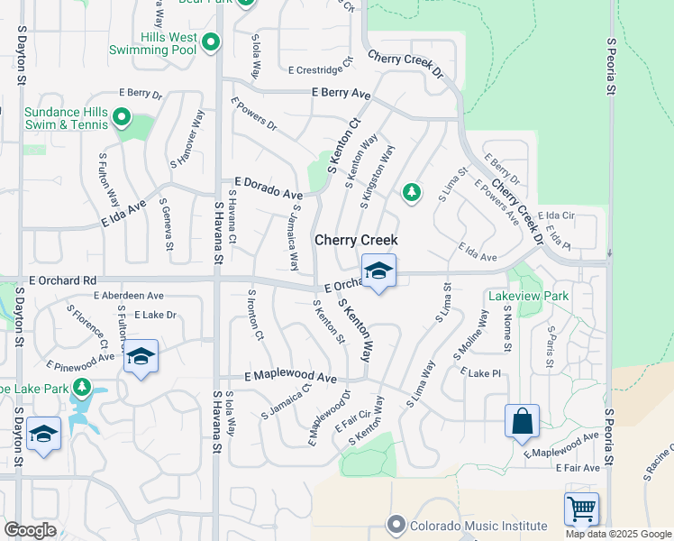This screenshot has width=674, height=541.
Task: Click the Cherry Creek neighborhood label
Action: tap(356, 242)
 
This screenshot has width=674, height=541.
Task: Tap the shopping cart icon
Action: tap(581, 509)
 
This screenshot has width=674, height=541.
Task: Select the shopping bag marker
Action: tap(522, 421)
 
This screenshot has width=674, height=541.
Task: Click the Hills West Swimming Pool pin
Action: tap(211, 42)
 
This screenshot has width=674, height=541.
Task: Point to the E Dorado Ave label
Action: tap(269, 194)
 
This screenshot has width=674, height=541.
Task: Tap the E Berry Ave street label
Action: tap(342, 93)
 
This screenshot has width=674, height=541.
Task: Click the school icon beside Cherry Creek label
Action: tap(378, 270)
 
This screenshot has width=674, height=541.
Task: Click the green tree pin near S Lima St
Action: tap(411, 192)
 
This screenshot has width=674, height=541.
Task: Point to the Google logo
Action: tap(30, 530)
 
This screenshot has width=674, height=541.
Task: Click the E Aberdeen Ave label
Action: tap(129, 295)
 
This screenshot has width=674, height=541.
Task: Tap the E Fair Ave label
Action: tap(578, 468)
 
